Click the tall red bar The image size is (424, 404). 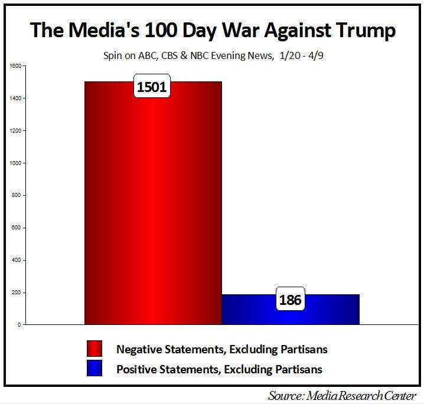coord(153,206)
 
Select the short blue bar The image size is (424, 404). coord(290,310)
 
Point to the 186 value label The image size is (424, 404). coord(290,300)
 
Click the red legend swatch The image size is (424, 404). coord(94,349)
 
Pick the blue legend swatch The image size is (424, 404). coord(94,369)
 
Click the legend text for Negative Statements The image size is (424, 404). coord(221,349)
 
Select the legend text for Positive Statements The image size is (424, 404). coord(219,370)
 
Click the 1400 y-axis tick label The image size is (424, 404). coord(15,98)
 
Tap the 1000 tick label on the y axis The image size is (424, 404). coord(15,163)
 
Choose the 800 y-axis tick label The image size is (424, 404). coord(16,195)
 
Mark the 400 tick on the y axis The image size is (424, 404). coord(16,260)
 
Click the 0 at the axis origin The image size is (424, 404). coord(19,325)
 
